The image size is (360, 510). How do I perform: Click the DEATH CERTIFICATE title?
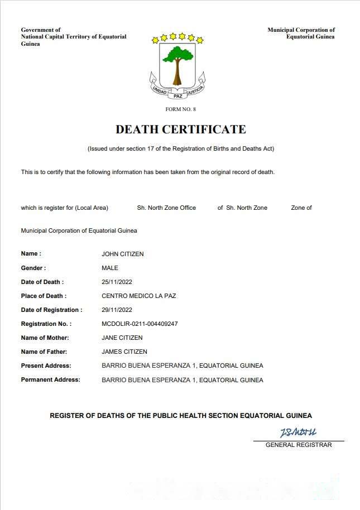pos(180,129)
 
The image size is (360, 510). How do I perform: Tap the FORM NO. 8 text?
pos(180,109)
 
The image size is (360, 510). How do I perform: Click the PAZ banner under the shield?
pos(177,95)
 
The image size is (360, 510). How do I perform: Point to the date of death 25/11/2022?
pos(117,282)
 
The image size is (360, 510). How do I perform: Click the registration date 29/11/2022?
pos(117,310)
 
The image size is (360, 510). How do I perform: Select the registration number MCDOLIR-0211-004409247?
pos(140,324)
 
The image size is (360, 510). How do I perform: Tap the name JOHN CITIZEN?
pos(122,254)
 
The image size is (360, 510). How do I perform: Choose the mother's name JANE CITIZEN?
pos(122,338)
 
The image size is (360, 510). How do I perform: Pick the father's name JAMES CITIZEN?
pos(124,352)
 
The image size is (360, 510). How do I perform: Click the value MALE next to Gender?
pos(110,268)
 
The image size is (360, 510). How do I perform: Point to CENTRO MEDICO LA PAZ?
pos(138,296)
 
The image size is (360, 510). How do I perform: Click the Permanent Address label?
pos(50,379)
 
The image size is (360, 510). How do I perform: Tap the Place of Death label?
pos(44,296)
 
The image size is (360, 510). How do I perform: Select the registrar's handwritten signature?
pos(298,432)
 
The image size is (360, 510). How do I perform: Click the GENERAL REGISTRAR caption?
pos(299,445)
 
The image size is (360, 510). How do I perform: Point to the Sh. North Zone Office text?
pos(166,208)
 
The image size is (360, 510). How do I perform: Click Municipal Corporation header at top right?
pos(301,33)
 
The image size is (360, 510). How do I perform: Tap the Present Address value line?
pos(182,365)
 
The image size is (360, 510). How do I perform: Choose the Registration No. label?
pos(46,324)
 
